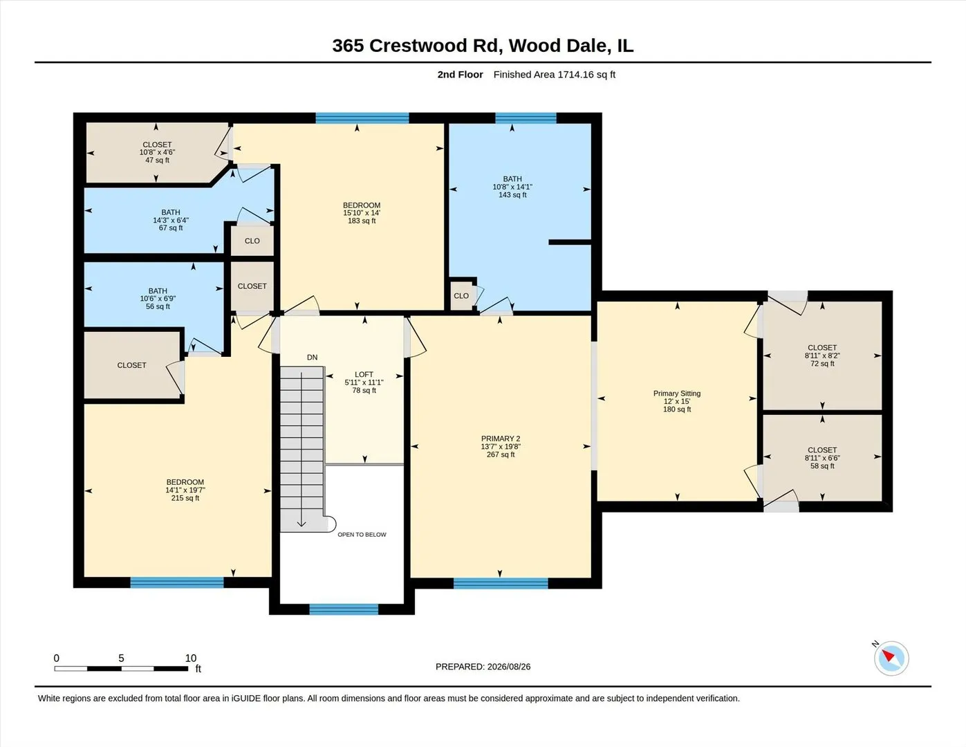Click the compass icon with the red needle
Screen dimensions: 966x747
[891, 658]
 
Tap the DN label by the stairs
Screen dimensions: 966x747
[312, 358]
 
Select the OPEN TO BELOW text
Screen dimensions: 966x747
[362, 535]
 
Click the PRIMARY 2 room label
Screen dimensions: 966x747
[501, 439]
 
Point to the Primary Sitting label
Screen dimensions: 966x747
[676, 394]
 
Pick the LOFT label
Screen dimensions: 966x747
[364, 374]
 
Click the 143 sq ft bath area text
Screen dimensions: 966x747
[512, 195]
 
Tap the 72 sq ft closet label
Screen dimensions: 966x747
[822, 363]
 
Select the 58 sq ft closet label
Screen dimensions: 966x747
[822, 466]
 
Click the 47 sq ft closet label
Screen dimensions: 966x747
[157, 160]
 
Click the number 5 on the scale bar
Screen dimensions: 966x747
[121, 658]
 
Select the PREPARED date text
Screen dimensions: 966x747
[483, 667]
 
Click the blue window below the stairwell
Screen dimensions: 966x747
[344, 609]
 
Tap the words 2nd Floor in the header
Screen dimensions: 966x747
[460, 75]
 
